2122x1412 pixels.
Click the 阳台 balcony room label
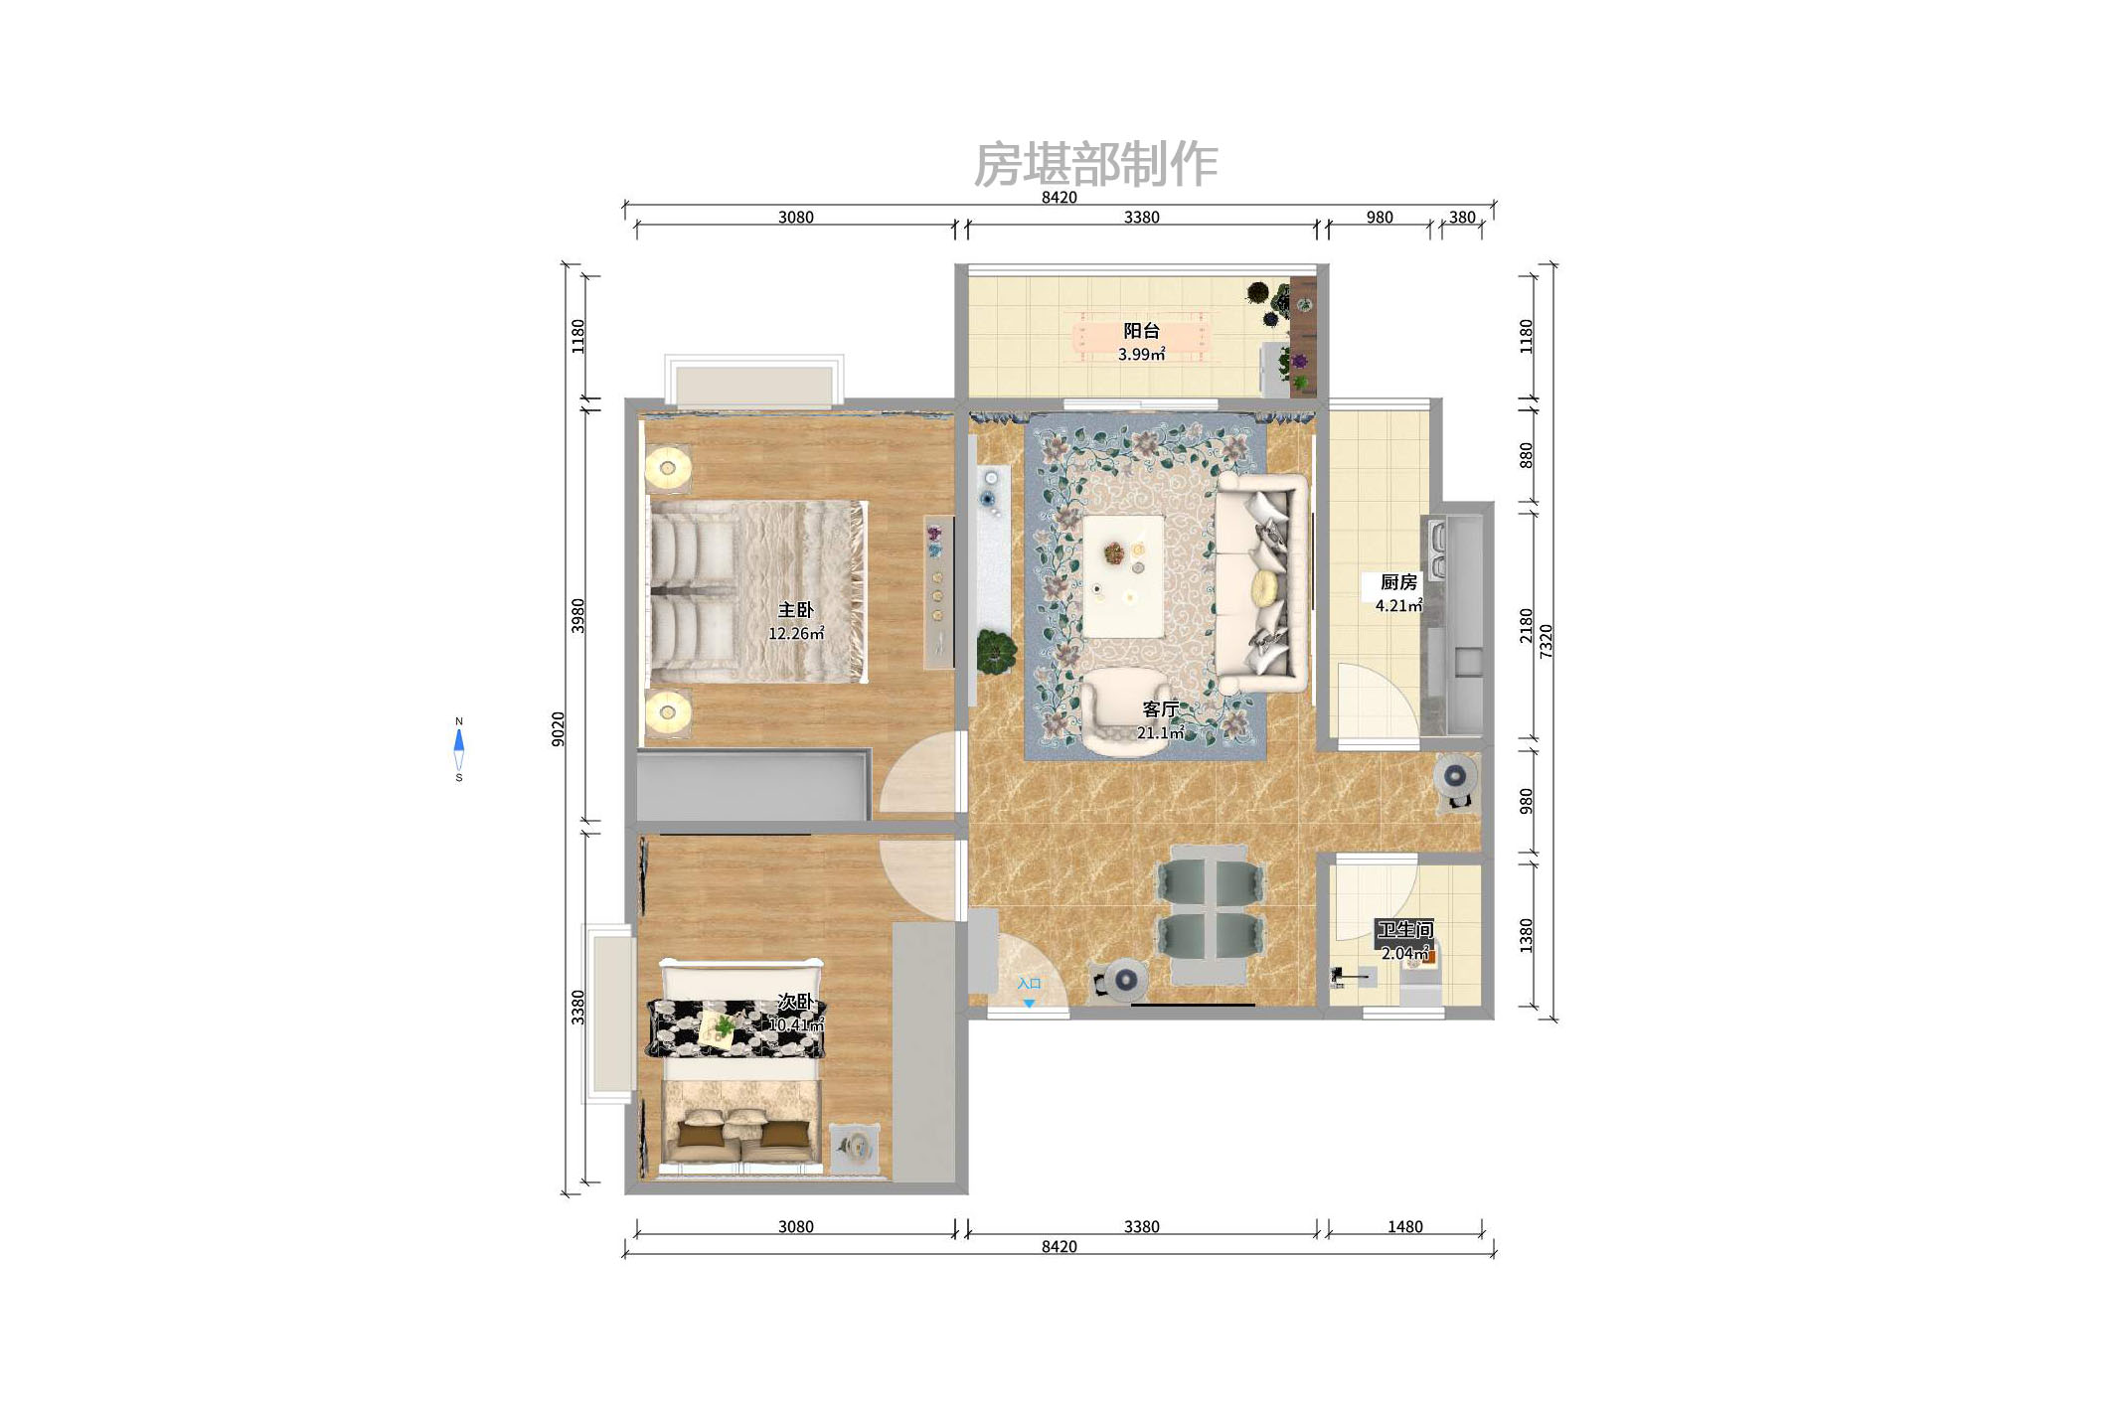pyautogui.click(x=1141, y=331)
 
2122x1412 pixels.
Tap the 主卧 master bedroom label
pyautogui.click(x=795, y=609)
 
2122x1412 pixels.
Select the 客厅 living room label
pyautogui.click(x=1160, y=708)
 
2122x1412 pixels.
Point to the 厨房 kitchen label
pyautogui.click(x=1398, y=581)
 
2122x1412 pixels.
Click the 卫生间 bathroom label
pyautogui.click(x=1404, y=929)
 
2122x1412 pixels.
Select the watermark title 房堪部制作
pyautogui.click(x=1095, y=164)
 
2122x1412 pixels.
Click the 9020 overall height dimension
pyautogui.click(x=558, y=728)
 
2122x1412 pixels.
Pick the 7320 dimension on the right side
pyautogui.click(x=1546, y=641)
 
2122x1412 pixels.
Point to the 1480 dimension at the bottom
pyautogui.click(x=1404, y=1226)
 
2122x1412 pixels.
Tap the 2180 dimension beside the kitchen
pyautogui.click(x=1526, y=626)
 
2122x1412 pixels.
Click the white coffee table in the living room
pyautogui.click(x=1123, y=575)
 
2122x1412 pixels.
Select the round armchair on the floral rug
pyautogui.click(x=1124, y=710)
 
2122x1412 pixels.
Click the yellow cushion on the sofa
pyautogui.click(x=1265, y=587)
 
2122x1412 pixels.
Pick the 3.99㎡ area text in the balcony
pyautogui.click(x=1141, y=354)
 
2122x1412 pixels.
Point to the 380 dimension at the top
pyautogui.click(x=1461, y=217)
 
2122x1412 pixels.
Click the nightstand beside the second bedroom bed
pyautogui.click(x=855, y=1148)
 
